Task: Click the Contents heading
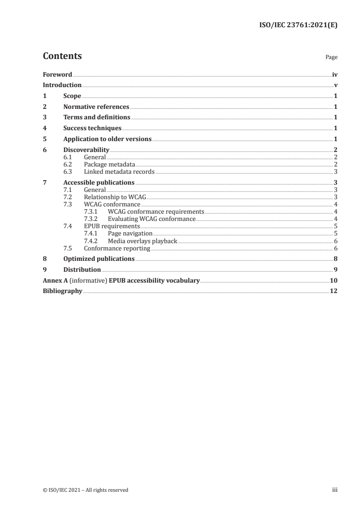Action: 62,56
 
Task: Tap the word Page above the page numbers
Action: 331,58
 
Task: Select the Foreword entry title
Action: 57,74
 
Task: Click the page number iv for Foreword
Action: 335,74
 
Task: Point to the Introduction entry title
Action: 62,85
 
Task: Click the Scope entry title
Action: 72,96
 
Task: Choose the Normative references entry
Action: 96,107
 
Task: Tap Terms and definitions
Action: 97,117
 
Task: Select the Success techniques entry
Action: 92,128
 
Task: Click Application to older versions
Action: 107,139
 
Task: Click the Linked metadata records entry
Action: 119,171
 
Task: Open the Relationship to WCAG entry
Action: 114,197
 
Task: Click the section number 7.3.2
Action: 91,219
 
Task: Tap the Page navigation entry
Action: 130,233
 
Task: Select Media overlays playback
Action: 143,240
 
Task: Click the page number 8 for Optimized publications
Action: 335,259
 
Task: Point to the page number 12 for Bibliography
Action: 334,291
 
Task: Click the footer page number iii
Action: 335,490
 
